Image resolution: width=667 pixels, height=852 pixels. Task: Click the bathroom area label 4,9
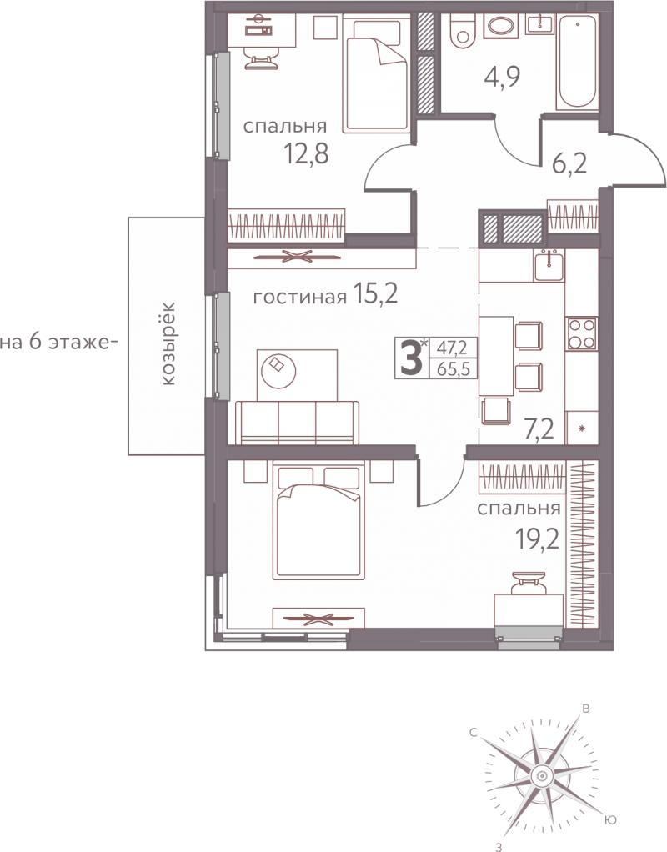click(x=502, y=77)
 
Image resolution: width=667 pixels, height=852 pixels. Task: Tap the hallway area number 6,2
click(x=569, y=163)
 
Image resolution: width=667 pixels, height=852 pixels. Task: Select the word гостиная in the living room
click(x=300, y=297)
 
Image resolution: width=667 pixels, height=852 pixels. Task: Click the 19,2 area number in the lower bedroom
click(x=537, y=539)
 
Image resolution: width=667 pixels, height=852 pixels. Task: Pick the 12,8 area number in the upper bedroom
click(x=307, y=153)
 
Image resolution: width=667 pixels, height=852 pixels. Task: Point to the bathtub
click(x=577, y=62)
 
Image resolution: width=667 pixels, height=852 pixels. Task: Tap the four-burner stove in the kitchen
click(x=582, y=333)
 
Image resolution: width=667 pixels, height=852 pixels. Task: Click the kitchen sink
click(x=549, y=264)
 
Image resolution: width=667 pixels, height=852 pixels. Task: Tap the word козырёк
click(x=168, y=343)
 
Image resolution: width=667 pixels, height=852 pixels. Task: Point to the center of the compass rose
click(x=541, y=775)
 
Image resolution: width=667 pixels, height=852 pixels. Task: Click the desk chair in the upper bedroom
click(x=261, y=55)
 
